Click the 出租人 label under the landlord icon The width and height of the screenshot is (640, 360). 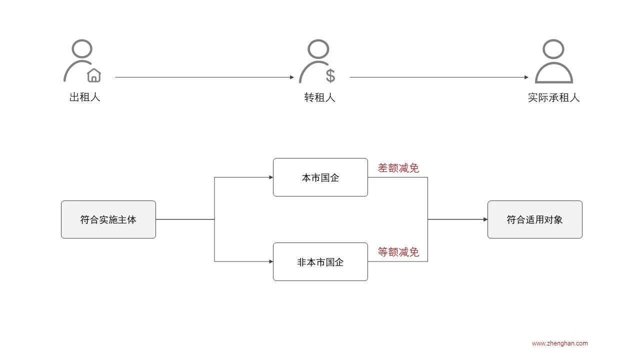84,97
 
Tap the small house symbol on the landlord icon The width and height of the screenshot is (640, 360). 94,75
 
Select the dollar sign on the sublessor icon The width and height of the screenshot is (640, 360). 330,75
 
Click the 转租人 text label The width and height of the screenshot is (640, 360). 319,97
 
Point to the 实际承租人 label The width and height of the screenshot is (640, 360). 553,97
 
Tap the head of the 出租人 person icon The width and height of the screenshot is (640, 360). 82,48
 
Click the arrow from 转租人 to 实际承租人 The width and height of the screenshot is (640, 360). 438,77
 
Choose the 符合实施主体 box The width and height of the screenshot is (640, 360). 108,219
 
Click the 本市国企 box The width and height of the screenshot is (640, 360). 320,177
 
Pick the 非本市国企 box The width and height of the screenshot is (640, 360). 320,262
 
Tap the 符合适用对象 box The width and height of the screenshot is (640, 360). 534,219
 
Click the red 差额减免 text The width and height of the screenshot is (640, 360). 398,168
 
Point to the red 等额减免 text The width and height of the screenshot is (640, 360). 398,252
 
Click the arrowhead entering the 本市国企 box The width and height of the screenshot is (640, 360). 270,177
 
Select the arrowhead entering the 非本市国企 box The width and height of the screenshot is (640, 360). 270,261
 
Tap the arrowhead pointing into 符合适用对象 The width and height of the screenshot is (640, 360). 485,219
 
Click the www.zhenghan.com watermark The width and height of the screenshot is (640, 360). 559,343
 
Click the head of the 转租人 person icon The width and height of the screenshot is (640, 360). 317,49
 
